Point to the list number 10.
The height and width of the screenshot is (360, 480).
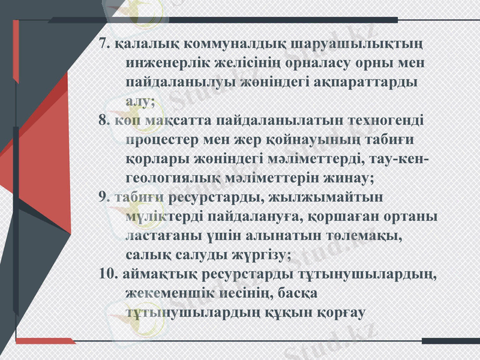point(109,274)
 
